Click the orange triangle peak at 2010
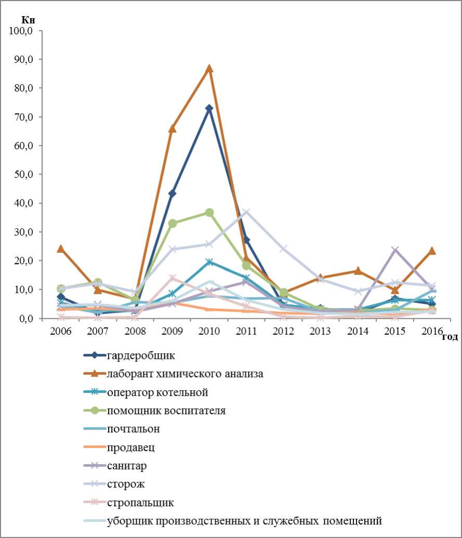[x=209, y=69]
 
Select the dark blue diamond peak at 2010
[x=209, y=108]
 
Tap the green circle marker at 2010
[x=209, y=213]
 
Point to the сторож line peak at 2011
[x=246, y=212]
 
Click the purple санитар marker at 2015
[x=395, y=250]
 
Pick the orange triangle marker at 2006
[x=61, y=248]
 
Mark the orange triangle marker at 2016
[x=432, y=251]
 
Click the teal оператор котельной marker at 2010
[x=209, y=262]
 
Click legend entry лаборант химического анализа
[x=185, y=374]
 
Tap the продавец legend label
[x=131, y=447]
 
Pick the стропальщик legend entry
[x=140, y=503]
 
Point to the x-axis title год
[x=450, y=338]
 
